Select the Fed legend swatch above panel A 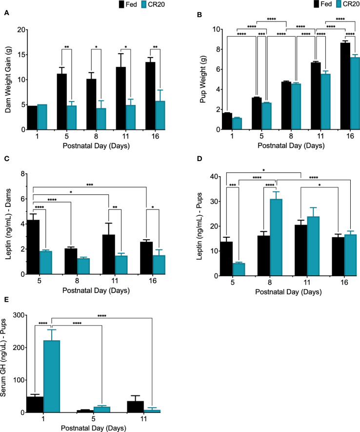(121, 4)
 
